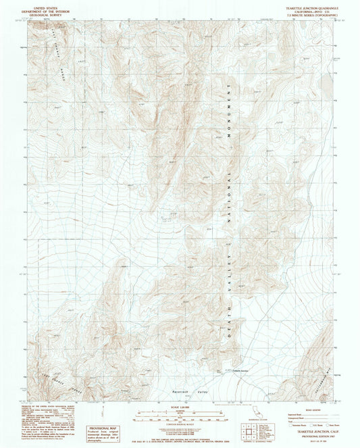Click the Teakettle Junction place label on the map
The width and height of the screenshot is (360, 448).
click(x=226, y=370)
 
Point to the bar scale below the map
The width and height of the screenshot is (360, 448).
click(x=180, y=412)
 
